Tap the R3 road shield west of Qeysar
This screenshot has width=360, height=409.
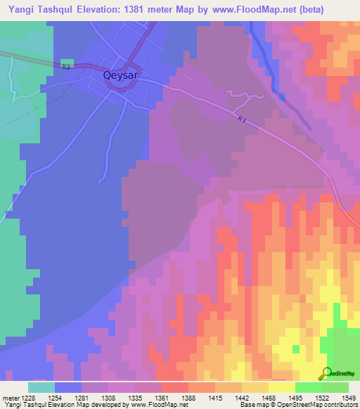(67, 66)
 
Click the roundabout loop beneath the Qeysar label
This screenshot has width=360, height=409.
(116, 83)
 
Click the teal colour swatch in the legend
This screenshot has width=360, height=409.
(41, 387)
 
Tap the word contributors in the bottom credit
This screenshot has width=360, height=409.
(337, 405)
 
